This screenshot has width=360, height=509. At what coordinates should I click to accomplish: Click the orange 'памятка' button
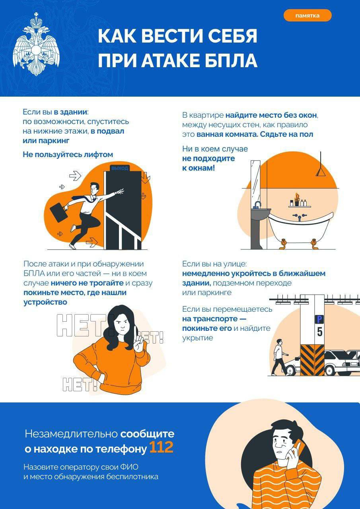coord(307,16)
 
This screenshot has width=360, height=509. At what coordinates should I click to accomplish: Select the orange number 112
coord(161,448)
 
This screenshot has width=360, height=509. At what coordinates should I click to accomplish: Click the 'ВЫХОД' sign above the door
coord(120,168)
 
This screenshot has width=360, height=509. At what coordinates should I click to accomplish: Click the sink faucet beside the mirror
coord(257,205)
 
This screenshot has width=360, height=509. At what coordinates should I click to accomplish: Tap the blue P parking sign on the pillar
coord(319,319)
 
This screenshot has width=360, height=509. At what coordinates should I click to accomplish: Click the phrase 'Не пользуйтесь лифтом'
coord(68,154)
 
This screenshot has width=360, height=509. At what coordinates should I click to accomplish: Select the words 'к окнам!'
coord(198,168)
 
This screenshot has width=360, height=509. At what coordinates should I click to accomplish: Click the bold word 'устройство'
coord(45,302)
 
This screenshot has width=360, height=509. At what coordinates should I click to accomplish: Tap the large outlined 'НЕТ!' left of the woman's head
coord(82,325)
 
